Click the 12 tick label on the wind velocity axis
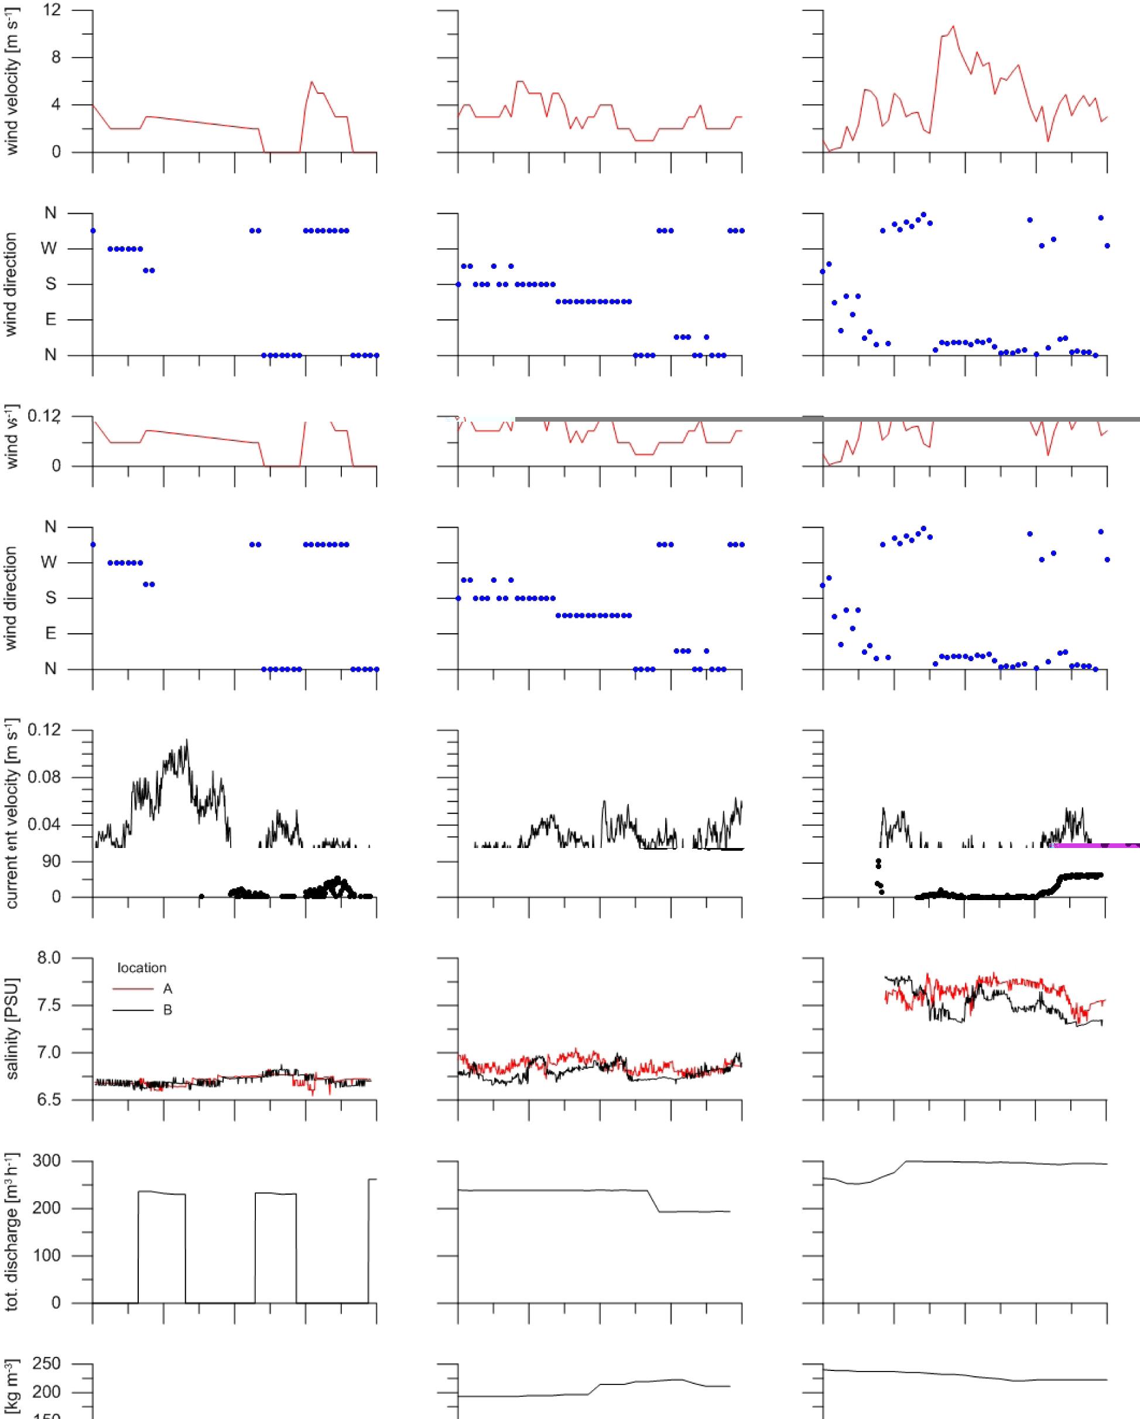click(x=52, y=10)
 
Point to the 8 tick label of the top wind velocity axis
click(x=56, y=57)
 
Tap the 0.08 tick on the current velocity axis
click(x=44, y=777)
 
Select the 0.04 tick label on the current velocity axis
click(x=44, y=825)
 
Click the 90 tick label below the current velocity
click(x=51, y=861)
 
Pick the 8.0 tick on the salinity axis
click(x=49, y=958)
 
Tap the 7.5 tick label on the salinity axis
click(x=49, y=1005)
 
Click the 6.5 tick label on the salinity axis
click(x=49, y=1100)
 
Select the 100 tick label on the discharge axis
click(x=47, y=1256)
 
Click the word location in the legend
click(x=142, y=967)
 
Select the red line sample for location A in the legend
click(x=133, y=989)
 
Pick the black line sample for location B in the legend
click(x=133, y=1010)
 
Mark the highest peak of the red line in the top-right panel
click(x=953, y=26)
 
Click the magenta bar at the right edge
click(x=1096, y=845)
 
